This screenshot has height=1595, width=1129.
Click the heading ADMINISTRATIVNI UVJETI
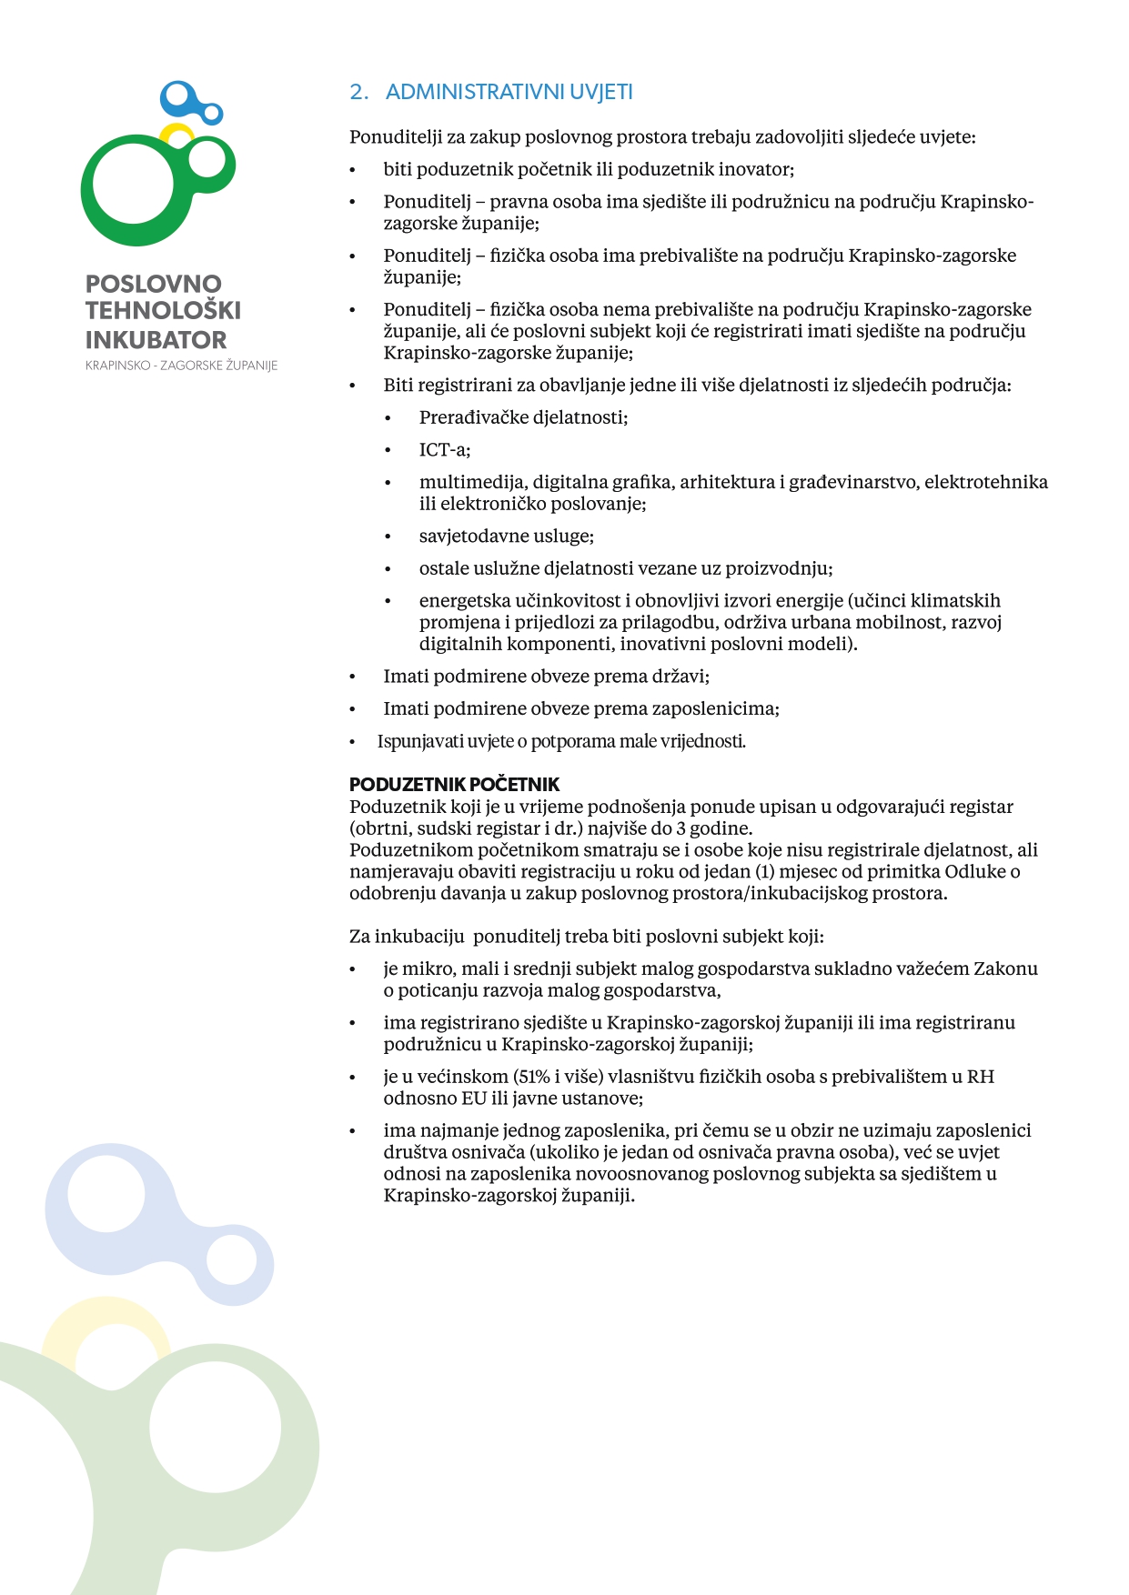tap(509, 92)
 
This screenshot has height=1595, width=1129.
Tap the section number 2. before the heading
tap(358, 92)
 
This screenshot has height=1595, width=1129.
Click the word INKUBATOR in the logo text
tap(156, 340)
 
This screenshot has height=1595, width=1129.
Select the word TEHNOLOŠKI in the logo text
tap(163, 310)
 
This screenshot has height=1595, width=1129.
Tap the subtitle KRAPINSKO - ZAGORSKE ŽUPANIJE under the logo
tap(181, 366)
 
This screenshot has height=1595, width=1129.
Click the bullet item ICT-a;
tap(444, 450)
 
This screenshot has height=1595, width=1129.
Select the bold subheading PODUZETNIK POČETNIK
tap(454, 784)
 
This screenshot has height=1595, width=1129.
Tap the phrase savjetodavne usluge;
tap(506, 537)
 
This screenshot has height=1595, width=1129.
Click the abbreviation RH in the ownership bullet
tap(980, 1077)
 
